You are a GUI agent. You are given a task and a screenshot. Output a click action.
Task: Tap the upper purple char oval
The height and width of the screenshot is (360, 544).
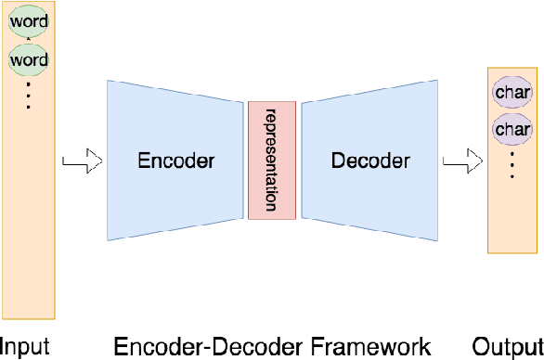coord(512,93)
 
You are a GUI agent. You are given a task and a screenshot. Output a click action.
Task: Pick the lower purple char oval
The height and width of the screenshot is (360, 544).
coord(512,129)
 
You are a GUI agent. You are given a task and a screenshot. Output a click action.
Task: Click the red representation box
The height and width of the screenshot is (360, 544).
coord(272,161)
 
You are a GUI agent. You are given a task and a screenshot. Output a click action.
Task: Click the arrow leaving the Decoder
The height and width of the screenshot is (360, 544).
coord(459,163)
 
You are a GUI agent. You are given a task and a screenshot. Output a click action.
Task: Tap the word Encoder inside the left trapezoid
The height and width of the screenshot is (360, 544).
coord(176,161)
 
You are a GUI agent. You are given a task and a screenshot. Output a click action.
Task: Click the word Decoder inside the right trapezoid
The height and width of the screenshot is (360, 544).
coord(369,161)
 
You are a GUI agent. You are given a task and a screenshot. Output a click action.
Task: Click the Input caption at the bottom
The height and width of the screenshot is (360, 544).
coord(24,347)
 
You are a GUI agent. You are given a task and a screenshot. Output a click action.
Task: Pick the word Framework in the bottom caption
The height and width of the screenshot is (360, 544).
coord(369,347)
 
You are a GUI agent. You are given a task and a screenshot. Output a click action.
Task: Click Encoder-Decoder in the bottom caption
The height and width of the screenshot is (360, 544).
coord(208,347)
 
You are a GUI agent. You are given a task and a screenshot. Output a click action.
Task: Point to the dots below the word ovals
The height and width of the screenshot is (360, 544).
coord(28,95)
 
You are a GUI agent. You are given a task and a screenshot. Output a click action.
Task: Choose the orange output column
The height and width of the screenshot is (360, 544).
coord(512,213)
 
